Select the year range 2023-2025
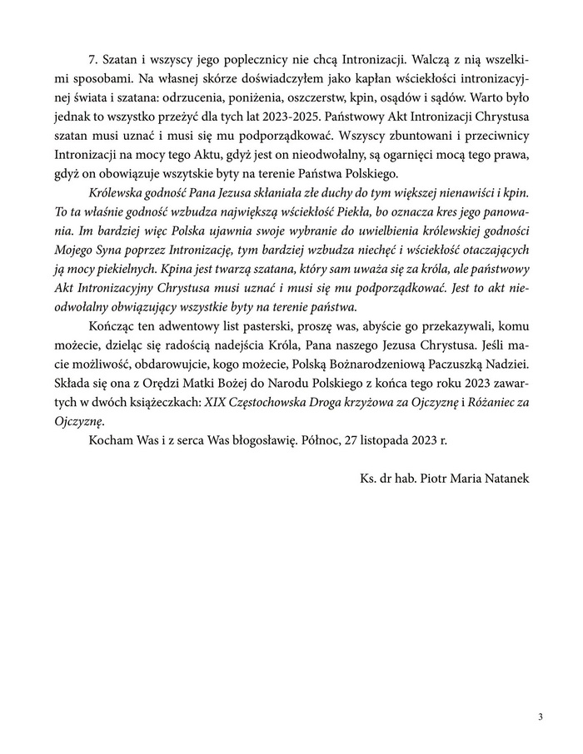pos(296,114)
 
